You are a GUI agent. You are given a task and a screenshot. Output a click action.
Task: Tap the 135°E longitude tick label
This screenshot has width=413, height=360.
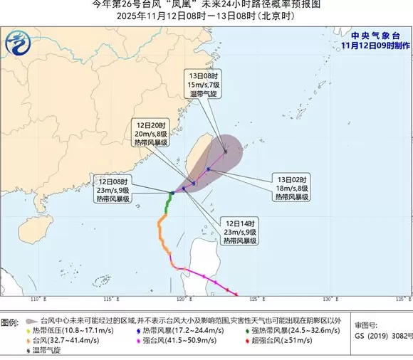point(402,297)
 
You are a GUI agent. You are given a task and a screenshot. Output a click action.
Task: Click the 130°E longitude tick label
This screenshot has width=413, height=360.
point(329,297)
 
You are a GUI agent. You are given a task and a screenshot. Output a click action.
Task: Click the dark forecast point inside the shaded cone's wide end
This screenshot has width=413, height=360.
point(226,151)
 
